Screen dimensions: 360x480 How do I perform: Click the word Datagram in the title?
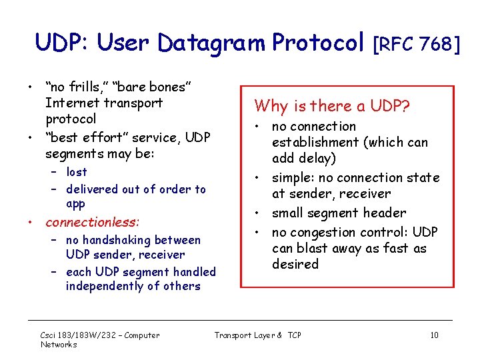click(213, 44)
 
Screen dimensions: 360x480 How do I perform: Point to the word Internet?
click(71, 103)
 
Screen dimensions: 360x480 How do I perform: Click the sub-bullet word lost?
click(77, 172)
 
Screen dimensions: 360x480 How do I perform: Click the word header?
click(383, 213)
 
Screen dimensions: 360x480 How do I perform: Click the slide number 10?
click(434, 335)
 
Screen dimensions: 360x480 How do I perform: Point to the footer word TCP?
click(294, 335)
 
